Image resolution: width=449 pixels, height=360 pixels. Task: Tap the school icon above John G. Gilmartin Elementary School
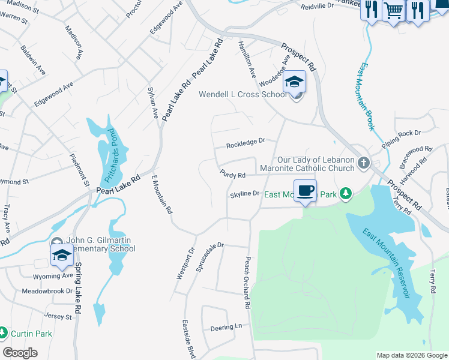(62, 255)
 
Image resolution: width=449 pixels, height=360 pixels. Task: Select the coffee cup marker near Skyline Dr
(306, 190)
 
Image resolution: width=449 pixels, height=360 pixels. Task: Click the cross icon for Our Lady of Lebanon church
(363, 163)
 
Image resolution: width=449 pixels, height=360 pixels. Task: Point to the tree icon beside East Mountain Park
(345, 193)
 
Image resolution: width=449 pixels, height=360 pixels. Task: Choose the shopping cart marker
(393, 10)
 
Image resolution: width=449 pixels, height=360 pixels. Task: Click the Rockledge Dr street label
(246, 144)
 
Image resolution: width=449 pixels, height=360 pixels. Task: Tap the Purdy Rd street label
(233, 175)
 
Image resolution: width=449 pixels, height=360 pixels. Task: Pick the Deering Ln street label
(226, 328)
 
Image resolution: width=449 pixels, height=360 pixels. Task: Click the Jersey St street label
(57, 316)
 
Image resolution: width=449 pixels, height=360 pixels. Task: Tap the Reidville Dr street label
(317, 5)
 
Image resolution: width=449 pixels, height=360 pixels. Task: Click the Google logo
(20, 353)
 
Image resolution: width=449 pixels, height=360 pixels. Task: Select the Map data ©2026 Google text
(411, 355)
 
